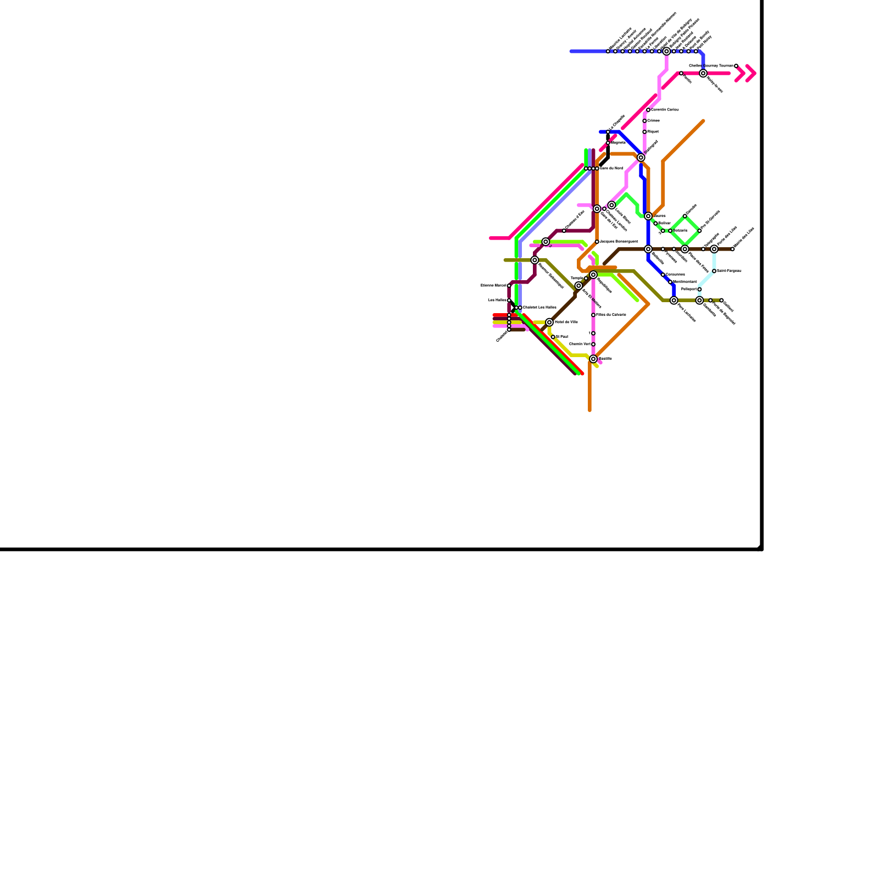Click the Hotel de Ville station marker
click(549, 322)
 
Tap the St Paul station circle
click(553, 337)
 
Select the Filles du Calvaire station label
click(611, 315)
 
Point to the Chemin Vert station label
click(580, 344)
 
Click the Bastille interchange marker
click(593, 359)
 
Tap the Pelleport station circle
click(699, 290)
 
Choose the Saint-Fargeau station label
click(729, 271)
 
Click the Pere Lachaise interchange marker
click(674, 301)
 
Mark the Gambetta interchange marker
click(699, 301)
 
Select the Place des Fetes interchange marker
click(685, 249)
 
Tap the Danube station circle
click(685, 216)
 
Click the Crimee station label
click(654, 120)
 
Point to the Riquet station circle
click(644, 132)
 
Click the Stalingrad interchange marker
click(641, 158)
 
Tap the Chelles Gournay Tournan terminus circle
click(736, 66)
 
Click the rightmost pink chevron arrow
click(751, 73)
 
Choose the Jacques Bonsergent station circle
click(597, 242)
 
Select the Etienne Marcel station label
click(494, 286)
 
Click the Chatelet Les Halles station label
click(539, 308)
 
